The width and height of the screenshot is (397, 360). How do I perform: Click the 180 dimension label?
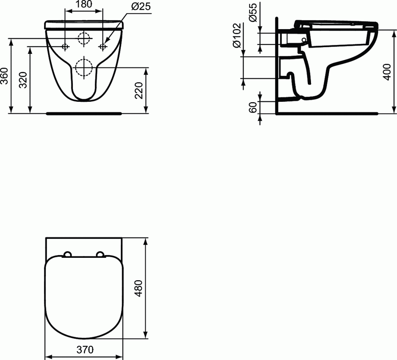[84, 5]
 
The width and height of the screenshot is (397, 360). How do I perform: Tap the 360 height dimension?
[5, 76]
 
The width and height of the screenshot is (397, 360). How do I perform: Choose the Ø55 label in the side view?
[252, 13]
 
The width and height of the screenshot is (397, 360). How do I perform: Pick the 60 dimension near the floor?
[252, 108]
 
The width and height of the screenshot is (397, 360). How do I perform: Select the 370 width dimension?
[85, 350]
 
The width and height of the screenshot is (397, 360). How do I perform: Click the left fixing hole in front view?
[65, 46]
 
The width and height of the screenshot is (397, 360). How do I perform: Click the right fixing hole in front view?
[104, 46]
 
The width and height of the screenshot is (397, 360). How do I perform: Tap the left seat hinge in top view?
[67, 254]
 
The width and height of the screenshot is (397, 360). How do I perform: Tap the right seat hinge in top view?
[100, 254]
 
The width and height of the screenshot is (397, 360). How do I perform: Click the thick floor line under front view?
[84, 113]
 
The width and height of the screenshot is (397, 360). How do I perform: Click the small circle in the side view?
[304, 40]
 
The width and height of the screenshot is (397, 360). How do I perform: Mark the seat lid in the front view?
[84, 24]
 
